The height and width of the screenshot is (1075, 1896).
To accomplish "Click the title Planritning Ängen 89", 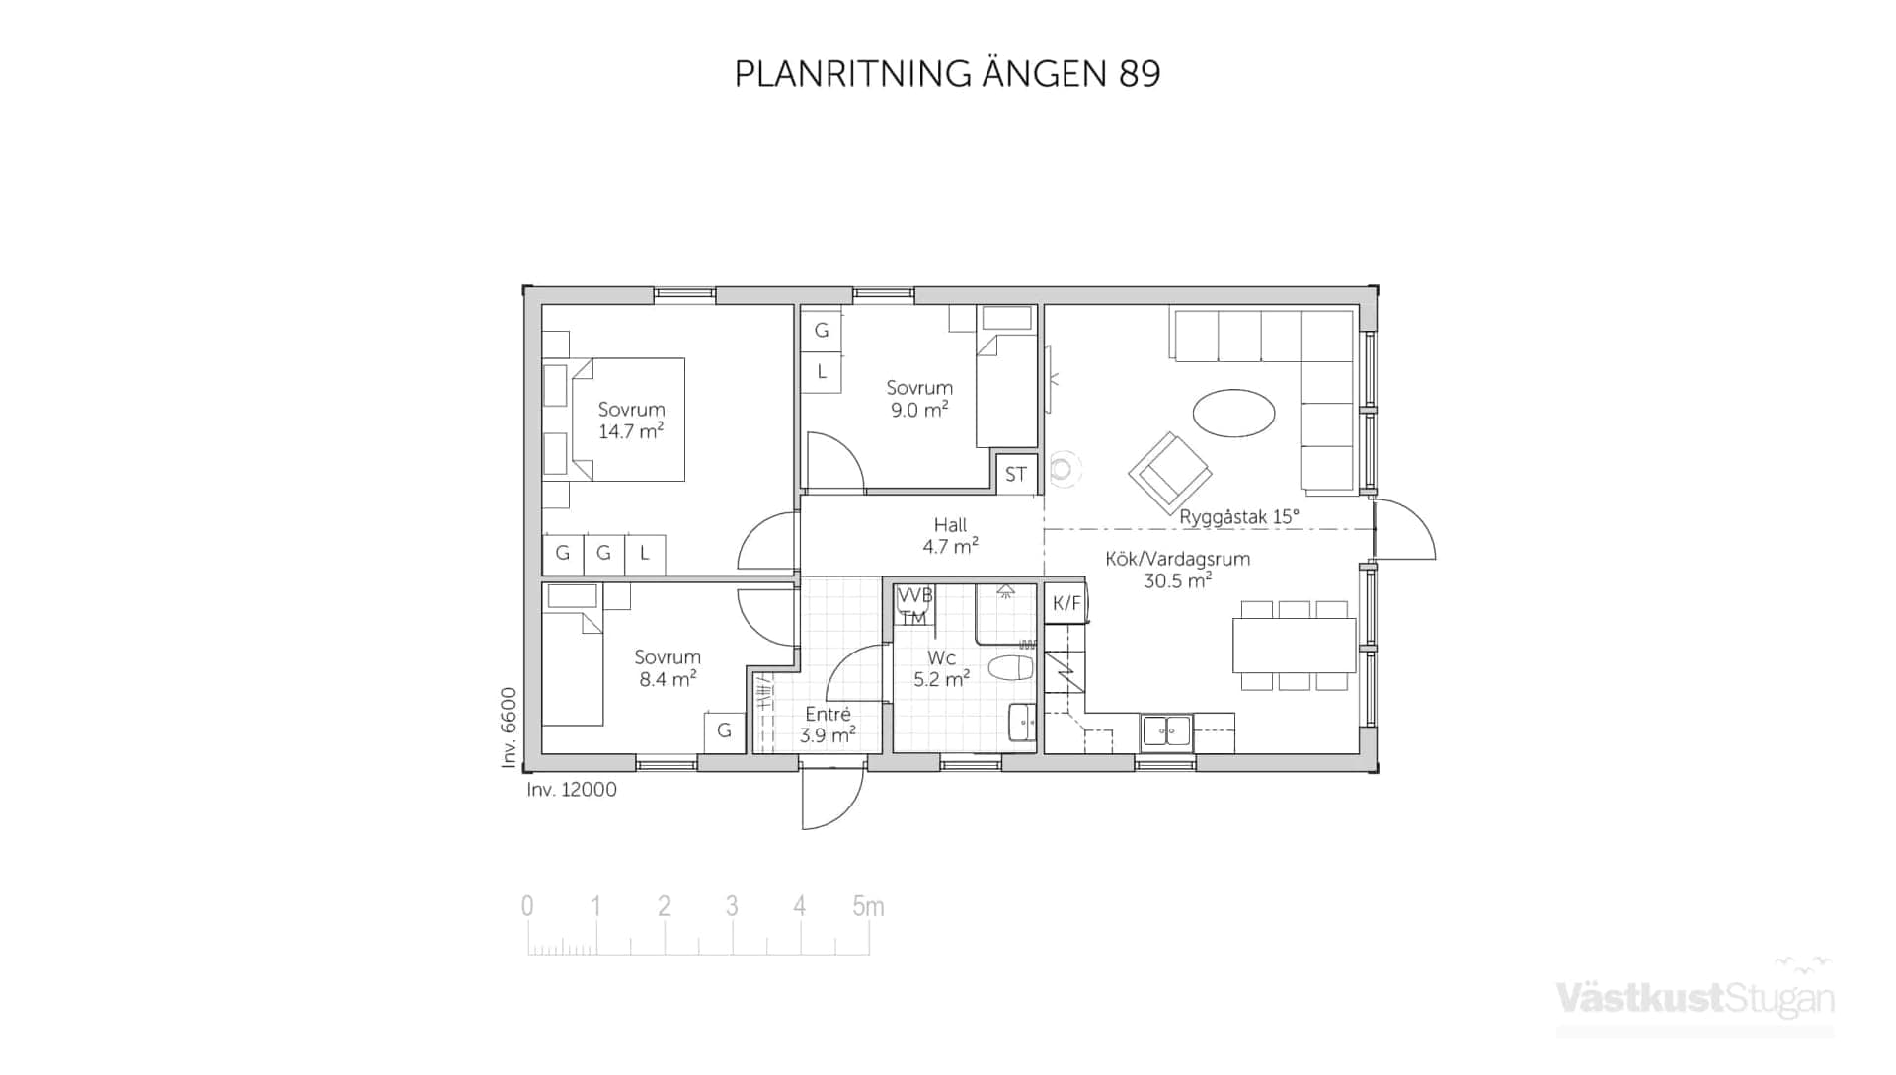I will click(947, 74).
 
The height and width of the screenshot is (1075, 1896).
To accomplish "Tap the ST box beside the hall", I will click(1015, 474).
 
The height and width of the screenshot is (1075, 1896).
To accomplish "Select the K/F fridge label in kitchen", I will click(1066, 603).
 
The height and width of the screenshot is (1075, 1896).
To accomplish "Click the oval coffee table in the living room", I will click(1233, 413).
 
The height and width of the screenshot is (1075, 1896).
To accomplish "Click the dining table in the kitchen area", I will click(1293, 646).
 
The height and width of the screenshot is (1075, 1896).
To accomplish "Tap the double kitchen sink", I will click(1166, 731).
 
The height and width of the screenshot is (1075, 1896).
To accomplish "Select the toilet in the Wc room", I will click(1011, 668).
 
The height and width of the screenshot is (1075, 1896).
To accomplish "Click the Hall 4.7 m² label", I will click(950, 535).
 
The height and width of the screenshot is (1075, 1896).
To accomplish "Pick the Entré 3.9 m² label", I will click(828, 725).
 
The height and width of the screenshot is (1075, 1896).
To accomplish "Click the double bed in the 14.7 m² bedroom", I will click(629, 420).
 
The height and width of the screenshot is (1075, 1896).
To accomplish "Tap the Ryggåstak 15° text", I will click(1239, 517).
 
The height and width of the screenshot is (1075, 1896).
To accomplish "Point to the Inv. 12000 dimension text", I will click(572, 790).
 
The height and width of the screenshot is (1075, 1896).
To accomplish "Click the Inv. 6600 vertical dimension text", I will click(509, 728).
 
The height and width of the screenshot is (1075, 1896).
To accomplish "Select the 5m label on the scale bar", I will click(868, 906).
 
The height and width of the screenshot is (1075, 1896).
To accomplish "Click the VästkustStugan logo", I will click(1695, 997).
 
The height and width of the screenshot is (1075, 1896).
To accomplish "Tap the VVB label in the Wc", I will click(914, 595).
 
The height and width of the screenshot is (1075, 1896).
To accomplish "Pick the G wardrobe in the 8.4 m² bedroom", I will click(724, 730).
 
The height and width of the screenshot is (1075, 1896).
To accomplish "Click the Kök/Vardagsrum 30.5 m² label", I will click(1177, 570).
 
